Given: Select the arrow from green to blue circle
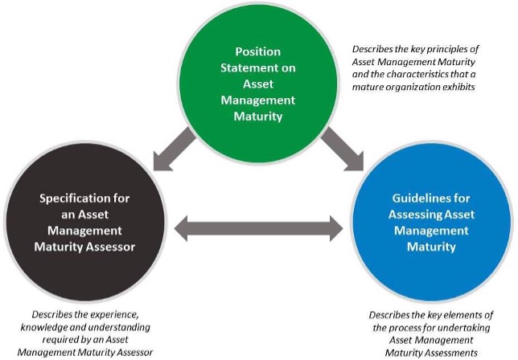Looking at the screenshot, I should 338,149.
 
